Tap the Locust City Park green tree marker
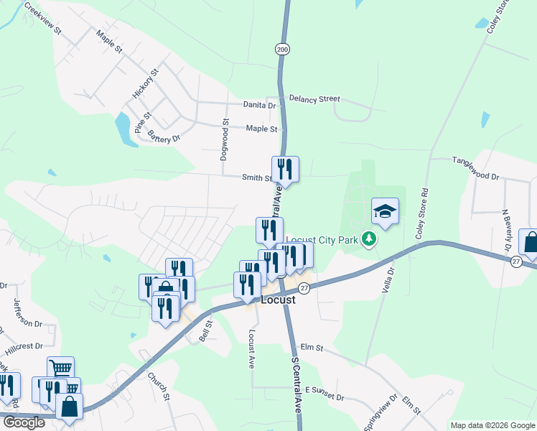point(369,238)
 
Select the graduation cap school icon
point(385,211)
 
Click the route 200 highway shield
point(281,49)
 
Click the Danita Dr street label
point(259,105)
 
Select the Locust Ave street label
point(252,346)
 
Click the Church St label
point(158,386)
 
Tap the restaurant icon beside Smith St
point(285,169)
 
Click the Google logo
point(24,422)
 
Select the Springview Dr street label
point(380,412)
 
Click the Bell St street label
point(207,331)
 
